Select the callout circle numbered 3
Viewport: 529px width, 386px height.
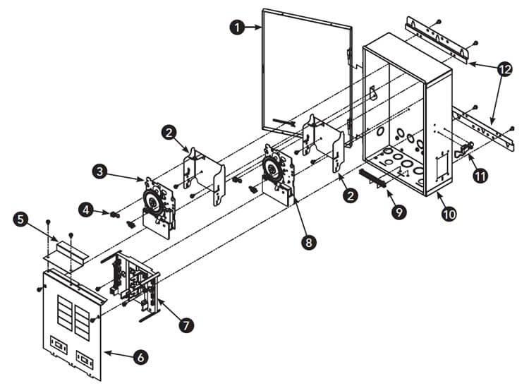[101, 171]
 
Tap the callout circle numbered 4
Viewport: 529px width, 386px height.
[86, 210]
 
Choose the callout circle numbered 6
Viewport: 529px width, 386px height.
[141, 358]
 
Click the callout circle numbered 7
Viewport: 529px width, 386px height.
[186, 325]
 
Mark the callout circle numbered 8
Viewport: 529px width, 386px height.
[307, 242]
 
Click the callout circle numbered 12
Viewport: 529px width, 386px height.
[504, 69]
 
